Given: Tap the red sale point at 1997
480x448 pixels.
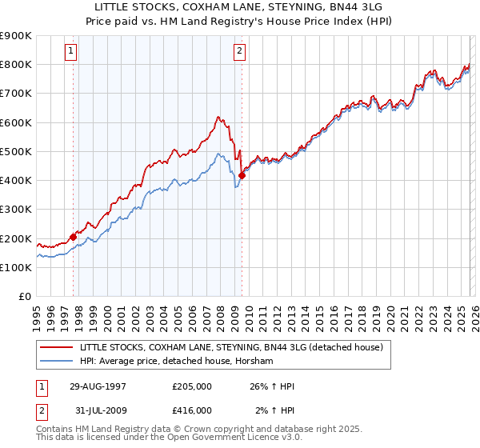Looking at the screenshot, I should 74,237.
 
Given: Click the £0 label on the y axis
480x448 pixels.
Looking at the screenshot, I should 24,296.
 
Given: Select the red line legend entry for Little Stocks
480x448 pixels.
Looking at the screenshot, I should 232,348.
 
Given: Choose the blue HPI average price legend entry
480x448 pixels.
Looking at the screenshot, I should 176,362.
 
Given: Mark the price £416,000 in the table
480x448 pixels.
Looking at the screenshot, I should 192,410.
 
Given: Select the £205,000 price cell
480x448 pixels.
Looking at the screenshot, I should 192,386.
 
